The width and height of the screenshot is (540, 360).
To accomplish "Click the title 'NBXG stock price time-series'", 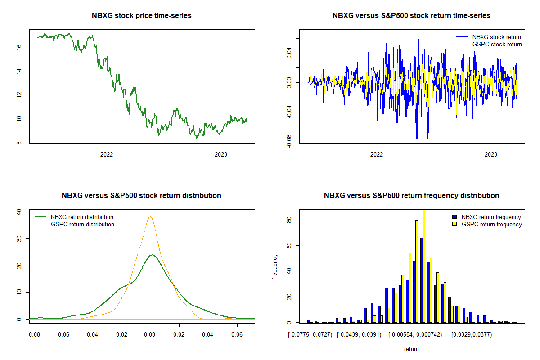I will tap(141, 16).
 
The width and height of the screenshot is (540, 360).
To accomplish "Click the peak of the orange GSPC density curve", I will tap(150, 217).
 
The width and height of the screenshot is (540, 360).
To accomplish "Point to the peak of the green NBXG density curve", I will tap(152, 255).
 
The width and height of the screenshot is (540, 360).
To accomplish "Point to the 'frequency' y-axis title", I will tap(275, 266).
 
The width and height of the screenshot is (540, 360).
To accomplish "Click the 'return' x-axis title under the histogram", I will tap(411, 349).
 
